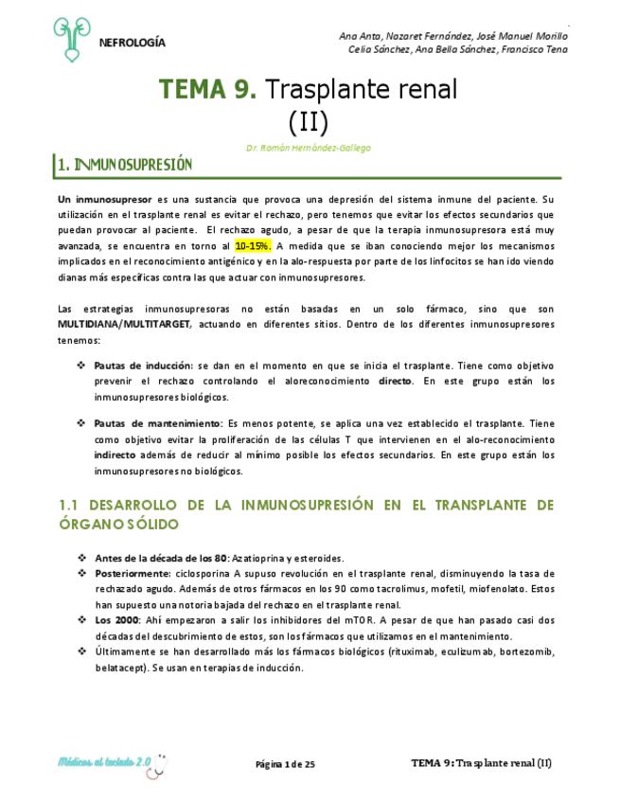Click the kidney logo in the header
click(x=72, y=39)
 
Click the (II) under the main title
click(x=309, y=121)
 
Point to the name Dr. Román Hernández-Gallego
click(x=308, y=148)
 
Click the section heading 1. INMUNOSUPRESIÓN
click(x=125, y=166)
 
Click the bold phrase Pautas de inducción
click(x=142, y=365)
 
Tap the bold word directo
click(x=395, y=381)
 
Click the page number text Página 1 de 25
click(x=285, y=764)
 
